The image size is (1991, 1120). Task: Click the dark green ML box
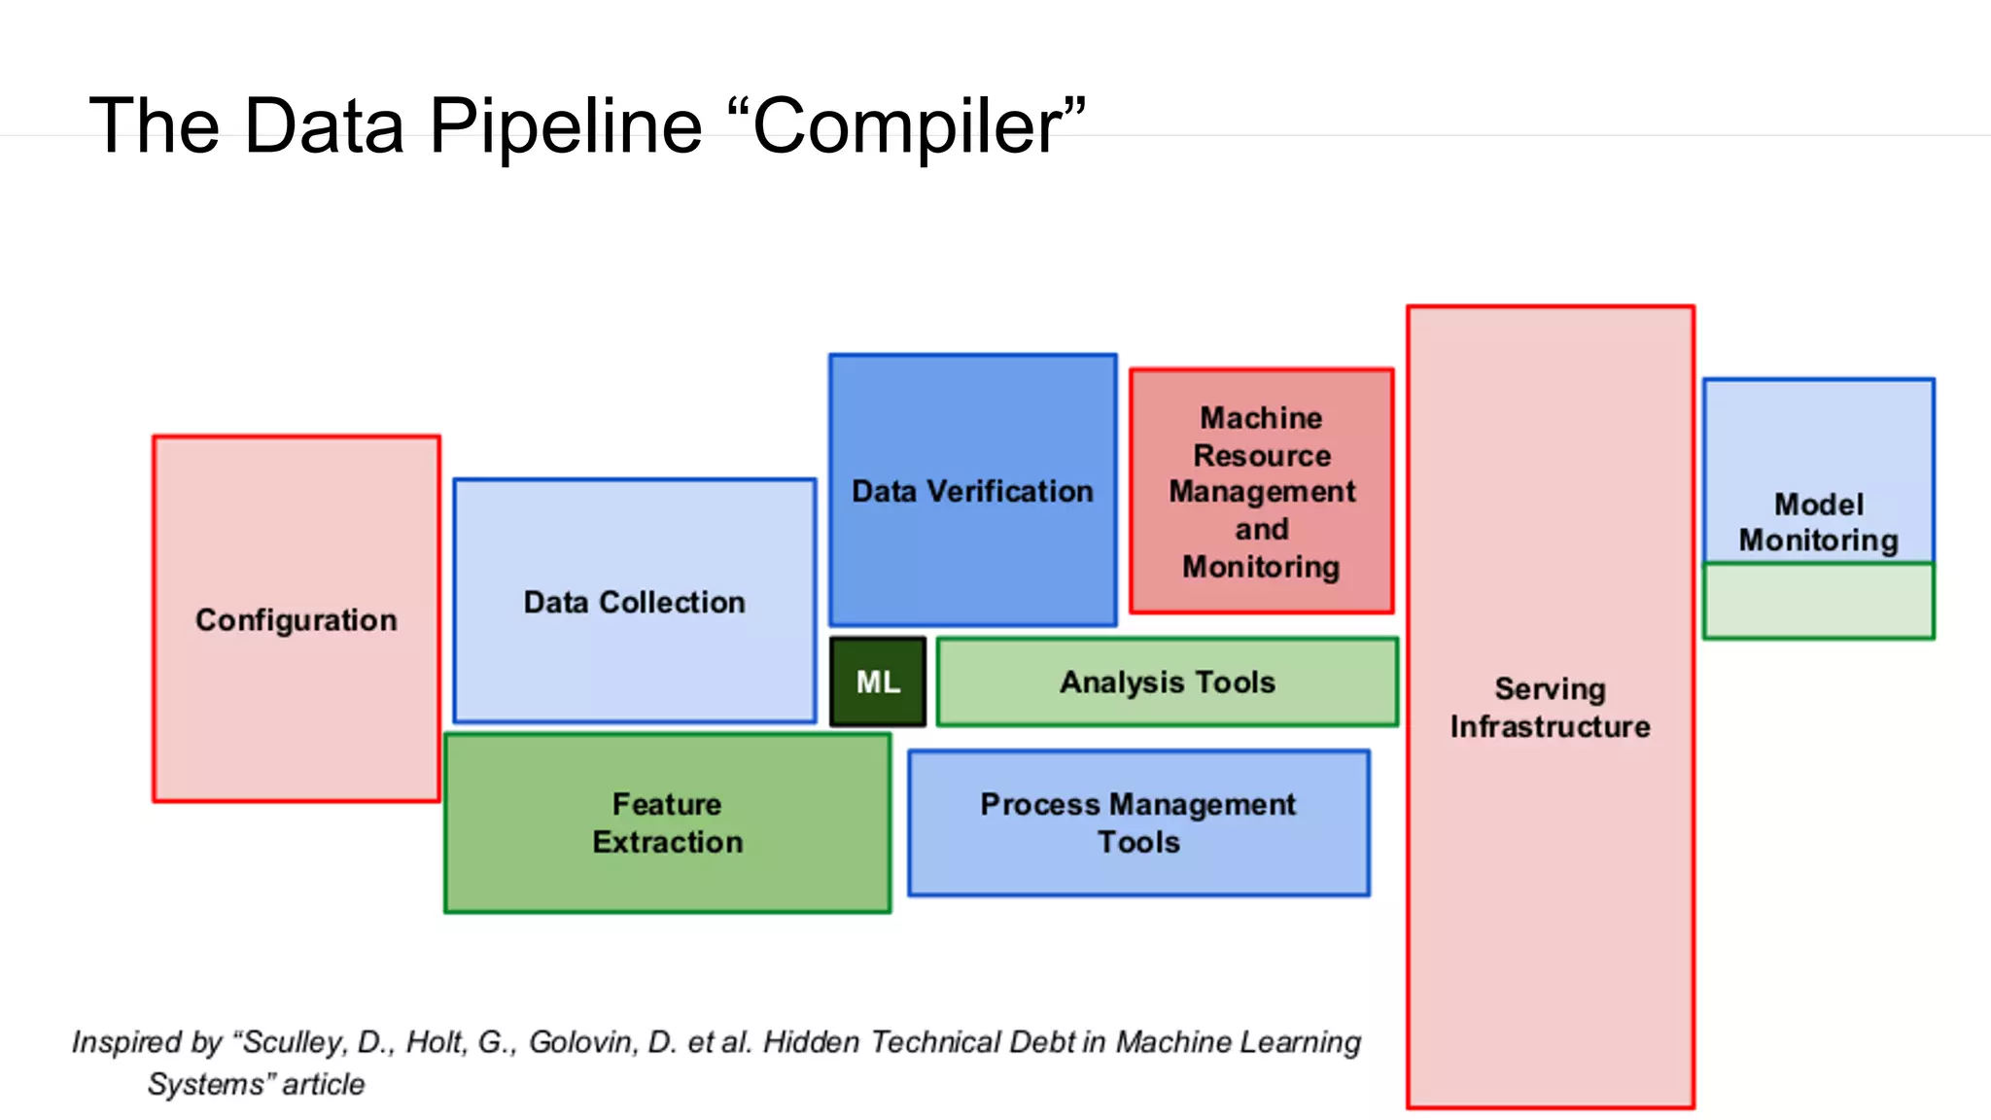878,682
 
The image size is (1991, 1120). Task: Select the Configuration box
297,619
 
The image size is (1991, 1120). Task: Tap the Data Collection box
634,602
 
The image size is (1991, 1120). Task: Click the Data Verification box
972,491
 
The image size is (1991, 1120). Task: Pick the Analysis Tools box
1167,682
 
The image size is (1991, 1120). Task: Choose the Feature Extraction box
667,822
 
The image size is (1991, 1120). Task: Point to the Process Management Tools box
1138,822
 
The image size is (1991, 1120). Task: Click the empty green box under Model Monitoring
1818,601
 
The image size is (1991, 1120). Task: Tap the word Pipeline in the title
565,126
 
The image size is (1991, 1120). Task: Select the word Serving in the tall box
1550,688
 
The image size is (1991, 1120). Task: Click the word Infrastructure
1550,726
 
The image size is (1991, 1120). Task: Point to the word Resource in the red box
1262,455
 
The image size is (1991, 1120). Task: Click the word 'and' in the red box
1262,529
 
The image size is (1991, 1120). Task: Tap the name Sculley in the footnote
291,1042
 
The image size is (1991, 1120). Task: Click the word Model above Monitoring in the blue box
1818,504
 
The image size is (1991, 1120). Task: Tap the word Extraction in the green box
667,842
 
